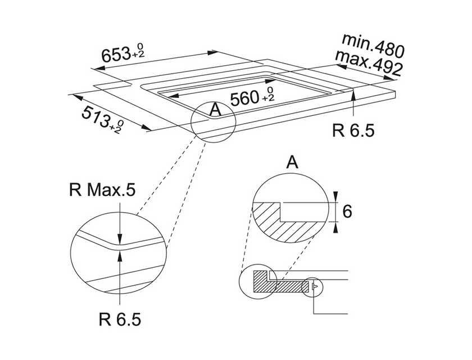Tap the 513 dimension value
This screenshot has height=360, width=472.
pyautogui.click(x=95, y=116)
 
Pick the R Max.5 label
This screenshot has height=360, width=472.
pyautogui.click(x=102, y=191)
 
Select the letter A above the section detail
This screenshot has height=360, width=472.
pyautogui.click(x=291, y=163)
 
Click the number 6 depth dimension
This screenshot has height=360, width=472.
pyautogui.click(x=347, y=211)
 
